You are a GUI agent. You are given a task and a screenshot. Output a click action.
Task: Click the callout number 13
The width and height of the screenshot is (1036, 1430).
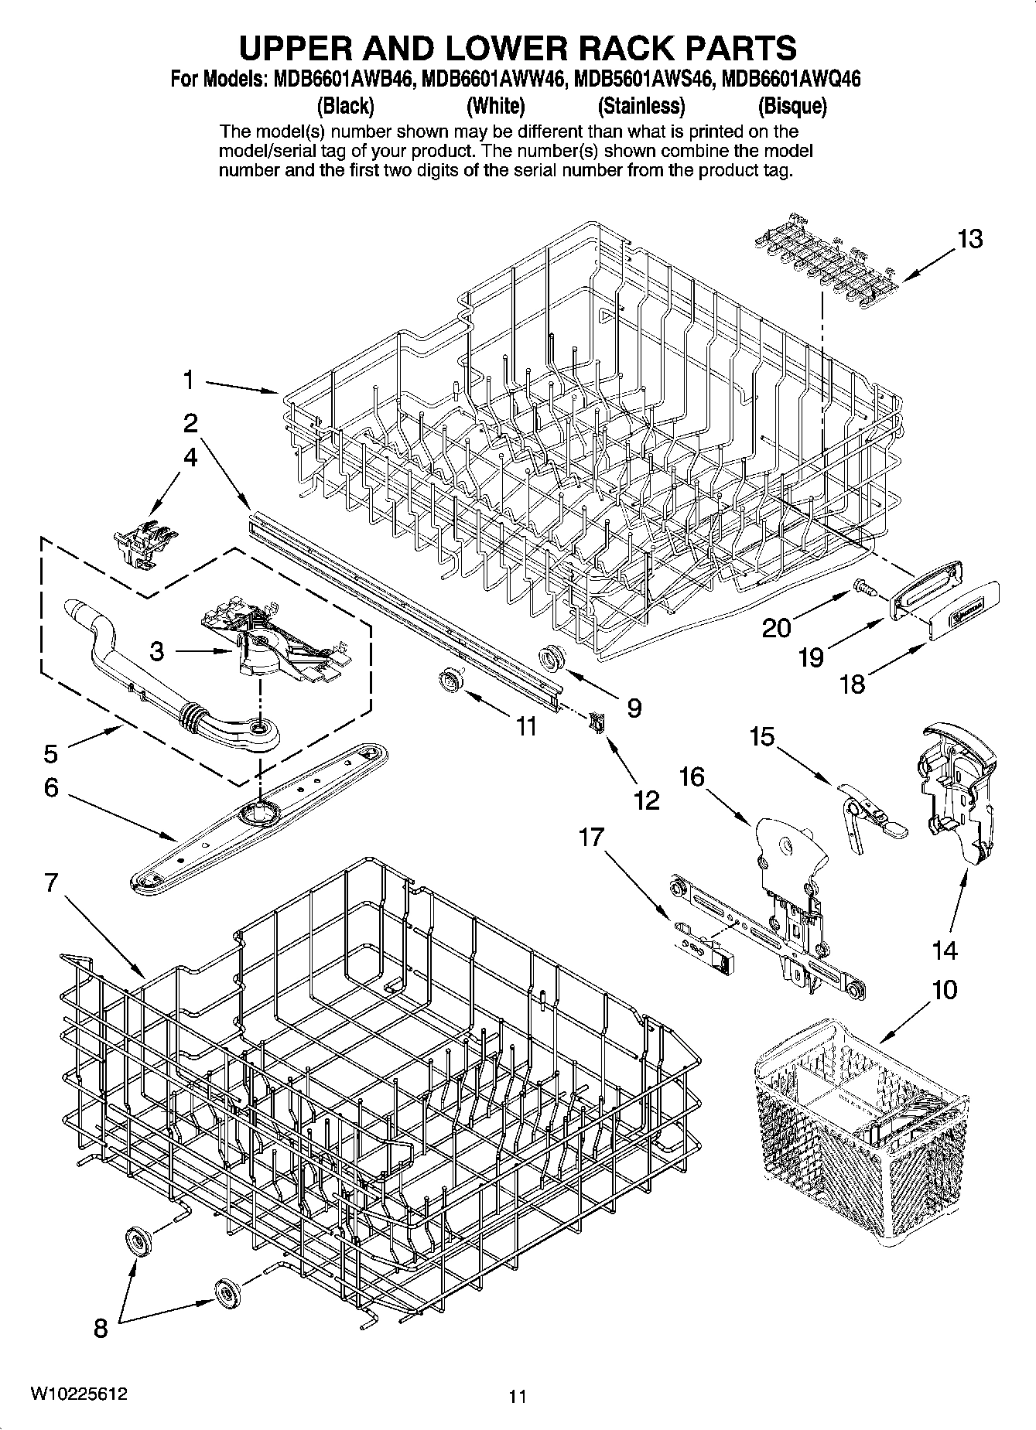(969, 239)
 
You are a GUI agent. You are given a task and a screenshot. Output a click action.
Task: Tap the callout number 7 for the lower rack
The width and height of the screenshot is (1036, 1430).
(51, 882)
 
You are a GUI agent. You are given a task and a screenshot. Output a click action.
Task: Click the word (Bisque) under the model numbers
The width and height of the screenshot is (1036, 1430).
(792, 106)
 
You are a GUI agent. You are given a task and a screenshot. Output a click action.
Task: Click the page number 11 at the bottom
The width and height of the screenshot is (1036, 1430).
(517, 1396)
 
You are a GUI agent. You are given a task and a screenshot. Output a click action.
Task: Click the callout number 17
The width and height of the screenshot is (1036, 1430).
(591, 838)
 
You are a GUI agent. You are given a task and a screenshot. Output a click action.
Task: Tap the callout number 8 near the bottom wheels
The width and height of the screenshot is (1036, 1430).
(101, 1329)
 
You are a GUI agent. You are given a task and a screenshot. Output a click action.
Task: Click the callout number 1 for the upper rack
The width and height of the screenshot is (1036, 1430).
(188, 380)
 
